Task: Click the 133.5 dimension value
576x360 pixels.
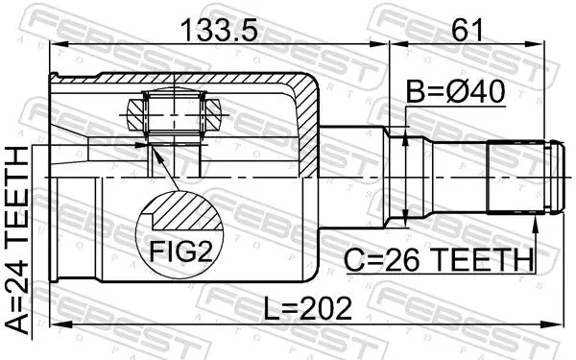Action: [x=219, y=31]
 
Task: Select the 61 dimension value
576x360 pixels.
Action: [x=468, y=31]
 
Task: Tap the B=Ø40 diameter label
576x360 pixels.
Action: [x=455, y=92]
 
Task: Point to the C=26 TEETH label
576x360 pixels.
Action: [x=439, y=260]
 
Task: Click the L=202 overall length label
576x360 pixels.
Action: [x=308, y=308]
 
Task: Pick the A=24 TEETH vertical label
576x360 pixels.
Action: [x=17, y=241]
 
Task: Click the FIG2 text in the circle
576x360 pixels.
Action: [x=181, y=252]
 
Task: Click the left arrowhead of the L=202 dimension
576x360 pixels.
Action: [x=60, y=324]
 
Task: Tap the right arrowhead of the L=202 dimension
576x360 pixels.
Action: [x=552, y=324]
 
